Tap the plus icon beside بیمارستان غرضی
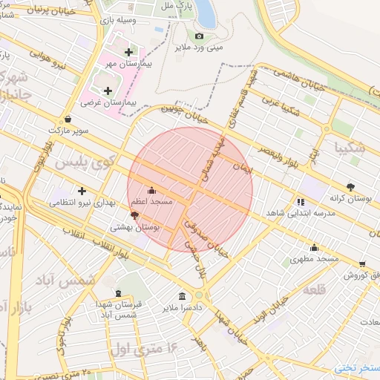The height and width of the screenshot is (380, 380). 108,91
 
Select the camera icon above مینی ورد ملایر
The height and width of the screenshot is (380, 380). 198,36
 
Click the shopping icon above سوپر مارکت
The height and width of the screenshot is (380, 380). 68,119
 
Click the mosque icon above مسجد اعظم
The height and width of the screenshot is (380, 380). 152,190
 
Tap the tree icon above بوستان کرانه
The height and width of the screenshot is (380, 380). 350,187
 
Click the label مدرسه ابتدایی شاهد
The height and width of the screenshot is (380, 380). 298,213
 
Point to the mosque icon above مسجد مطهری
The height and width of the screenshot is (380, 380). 314,248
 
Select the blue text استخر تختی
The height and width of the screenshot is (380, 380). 357,368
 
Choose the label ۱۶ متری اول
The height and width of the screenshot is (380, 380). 145,347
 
